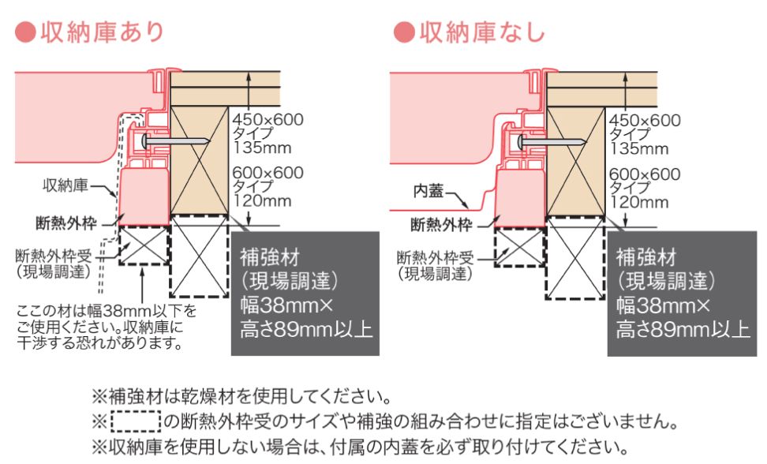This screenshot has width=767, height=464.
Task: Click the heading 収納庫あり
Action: pyautogui.click(x=102, y=32)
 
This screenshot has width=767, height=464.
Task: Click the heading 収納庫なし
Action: pyautogui.click(x=482, y=32)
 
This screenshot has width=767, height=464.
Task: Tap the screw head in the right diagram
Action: pyautogui.click(x=521, y=142)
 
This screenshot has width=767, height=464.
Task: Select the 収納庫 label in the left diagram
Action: pyautogui.click(x=65, y=185)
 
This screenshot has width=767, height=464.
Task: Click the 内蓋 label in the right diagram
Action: pyautogui.click(x=428, y=191)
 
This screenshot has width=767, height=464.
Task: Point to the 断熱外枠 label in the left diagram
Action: pyautogui.click(x=66, y=223)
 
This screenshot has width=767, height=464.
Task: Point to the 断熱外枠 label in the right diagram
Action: pyautogui.click(x=441, y=224)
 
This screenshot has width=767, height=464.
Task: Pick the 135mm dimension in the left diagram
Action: pyautogui.click(x=262, y=148)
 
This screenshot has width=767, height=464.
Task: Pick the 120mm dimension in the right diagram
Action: pyautogui.click(x=638, y=202)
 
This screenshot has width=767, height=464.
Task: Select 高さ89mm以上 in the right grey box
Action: pyautogui.click(x=683, y=329)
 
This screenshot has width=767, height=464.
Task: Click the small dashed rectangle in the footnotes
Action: pyautogui.click(x=136, y=421)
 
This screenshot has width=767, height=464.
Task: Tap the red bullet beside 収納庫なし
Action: pyautogui.click(x=404, y=33)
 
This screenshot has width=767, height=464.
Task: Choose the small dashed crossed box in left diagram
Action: pyautogui.click(x=144, y=245)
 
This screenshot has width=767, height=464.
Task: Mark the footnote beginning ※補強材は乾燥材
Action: pyautogui.click(x=242, y=396)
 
